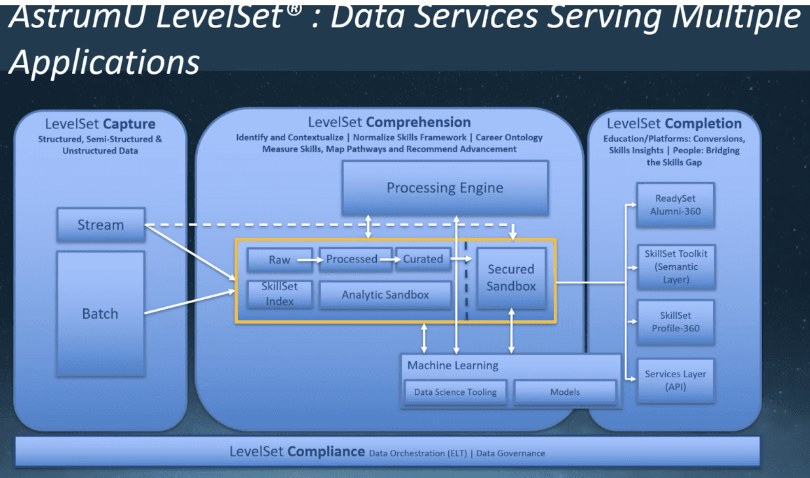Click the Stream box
click(100, 225)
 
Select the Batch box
click(100, 314)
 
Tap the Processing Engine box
click(445, 188)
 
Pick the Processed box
click(352, 259)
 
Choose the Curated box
click(423, 259)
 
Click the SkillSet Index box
click(279, 294)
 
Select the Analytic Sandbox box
click(385, 295)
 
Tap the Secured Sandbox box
click(511, 278)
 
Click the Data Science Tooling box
click(455, 392)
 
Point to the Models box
click(565, 392)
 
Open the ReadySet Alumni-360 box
click(675, 205)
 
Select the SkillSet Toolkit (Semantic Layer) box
click(675, 267)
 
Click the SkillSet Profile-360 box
click(675, 322)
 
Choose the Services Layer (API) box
click(675, 380)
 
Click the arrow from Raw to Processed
click(307, 260)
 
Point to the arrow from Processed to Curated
click(389, 259)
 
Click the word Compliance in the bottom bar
click(326, 451)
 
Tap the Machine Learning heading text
click(453, 365)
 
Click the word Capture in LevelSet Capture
click(128, 124)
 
